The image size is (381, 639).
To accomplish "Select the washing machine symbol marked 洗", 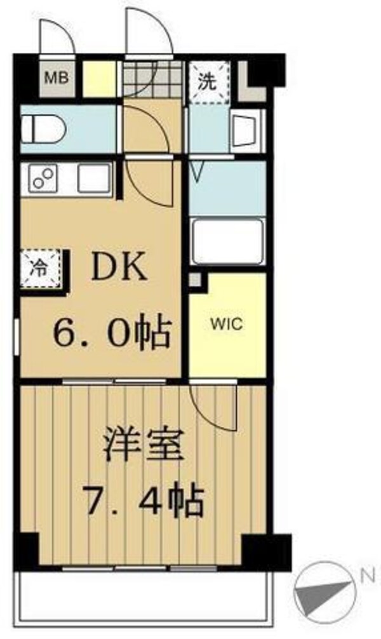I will click(209, 81).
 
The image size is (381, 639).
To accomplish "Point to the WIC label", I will click(227, 324).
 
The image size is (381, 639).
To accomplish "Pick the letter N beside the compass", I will click(366, 577).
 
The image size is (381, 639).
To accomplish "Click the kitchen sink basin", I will click(93, 179).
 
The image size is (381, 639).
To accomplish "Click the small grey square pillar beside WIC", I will click(196, 280).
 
